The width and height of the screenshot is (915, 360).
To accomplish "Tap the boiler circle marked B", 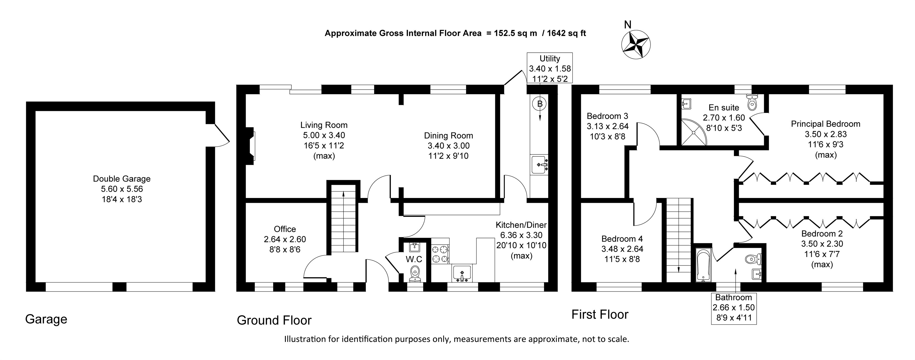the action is pos(540,104).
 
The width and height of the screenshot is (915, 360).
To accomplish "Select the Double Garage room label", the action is pos(121,179).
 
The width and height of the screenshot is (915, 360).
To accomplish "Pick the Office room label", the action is pos(284,229).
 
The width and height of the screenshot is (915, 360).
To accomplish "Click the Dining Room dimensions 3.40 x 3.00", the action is pos(448,146).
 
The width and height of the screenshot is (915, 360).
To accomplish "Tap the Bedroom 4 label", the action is pos(622,239).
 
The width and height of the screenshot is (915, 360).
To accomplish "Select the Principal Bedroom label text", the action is pos(825,124).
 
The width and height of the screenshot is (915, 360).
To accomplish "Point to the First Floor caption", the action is pos(600,314).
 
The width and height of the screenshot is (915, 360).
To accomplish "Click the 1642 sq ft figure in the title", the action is pos(566,33).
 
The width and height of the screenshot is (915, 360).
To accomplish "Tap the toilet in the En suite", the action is pos(752,102).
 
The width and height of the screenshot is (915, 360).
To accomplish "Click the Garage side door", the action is pos(218,135).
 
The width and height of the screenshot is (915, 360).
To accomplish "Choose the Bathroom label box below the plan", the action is pos(733,308).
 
